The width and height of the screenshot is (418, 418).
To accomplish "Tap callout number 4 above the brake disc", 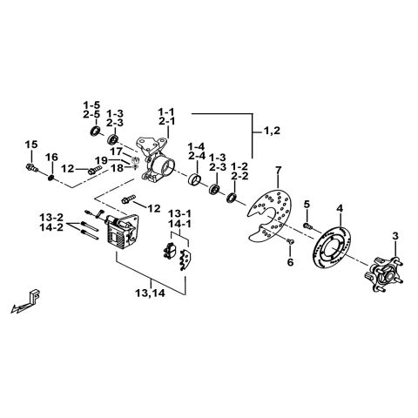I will [340, 208].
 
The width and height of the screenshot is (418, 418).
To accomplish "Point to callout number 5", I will [307, 205].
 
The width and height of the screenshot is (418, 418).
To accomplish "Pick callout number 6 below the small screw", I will [291, 261].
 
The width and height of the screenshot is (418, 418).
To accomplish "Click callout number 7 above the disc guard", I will [278, 168].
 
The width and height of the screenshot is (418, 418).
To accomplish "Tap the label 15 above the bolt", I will [31, 144].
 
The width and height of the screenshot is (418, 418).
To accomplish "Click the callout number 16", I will [52, 158].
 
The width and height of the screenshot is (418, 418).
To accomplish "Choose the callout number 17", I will [116, 151].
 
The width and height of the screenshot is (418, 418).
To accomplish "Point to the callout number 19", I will [101, 160].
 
